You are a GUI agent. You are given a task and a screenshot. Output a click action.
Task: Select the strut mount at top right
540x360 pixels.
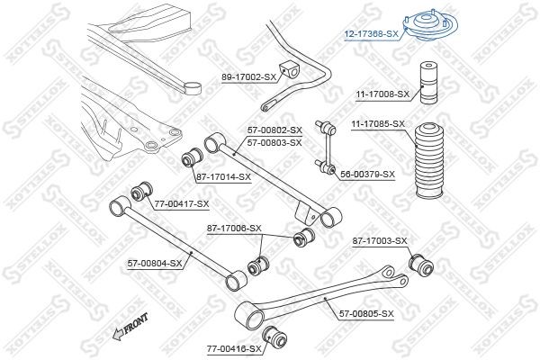pyautogui.click(x=423, y=22)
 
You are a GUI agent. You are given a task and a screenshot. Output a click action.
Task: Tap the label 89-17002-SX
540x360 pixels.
pyautogui.click(x=249, y=77)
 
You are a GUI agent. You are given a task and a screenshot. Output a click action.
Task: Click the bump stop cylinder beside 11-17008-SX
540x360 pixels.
pyautogui.click(x=424, y=81)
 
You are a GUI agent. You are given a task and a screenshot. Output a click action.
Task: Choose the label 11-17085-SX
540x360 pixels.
pyautogui.click(x=378, y=123)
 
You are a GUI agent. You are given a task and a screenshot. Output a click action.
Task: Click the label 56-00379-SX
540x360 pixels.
pyautogui.click(x=367, y=174)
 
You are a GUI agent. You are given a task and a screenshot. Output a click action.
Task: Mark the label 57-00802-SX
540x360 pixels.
pyautogui.click(x=274, y=130)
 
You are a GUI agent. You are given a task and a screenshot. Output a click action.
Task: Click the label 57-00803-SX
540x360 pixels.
pyautogui.click(x=274, y=142)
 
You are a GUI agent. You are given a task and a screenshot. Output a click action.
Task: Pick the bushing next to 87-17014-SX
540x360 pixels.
pyautogui.click(x=191, y=158)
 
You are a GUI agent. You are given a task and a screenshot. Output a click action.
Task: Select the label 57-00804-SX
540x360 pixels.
pyautogui.click(x=154, y=263)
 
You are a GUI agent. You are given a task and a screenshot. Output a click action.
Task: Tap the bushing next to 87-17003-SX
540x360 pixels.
pyautogui.click(x=420, y=265)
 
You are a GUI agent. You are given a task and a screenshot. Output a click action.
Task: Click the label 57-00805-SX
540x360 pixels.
pyautogui.click(x=366, y=313)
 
